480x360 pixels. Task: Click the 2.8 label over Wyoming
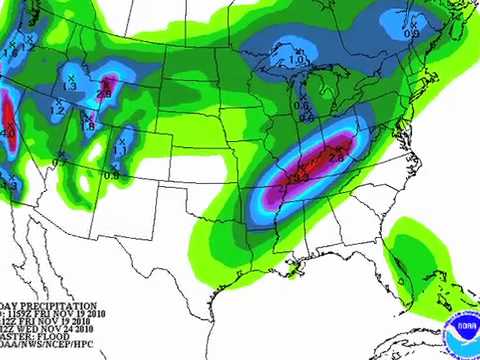pyautogui.click(x=103, y=95)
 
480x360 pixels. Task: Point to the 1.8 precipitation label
pyautogui.click(x=88, y=126)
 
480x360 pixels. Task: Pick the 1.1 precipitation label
pyautogui.click(x=119, y=150)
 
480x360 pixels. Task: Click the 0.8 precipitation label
pyautogui.click(x=111, y=175)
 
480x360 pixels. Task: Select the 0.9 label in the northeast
pyautogui.click(x=411, y=34)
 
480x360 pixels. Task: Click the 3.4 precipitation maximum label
pyautogui.click(x=298, y=177)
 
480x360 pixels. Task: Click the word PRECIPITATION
pyautogui.click(x=60, y=306)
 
